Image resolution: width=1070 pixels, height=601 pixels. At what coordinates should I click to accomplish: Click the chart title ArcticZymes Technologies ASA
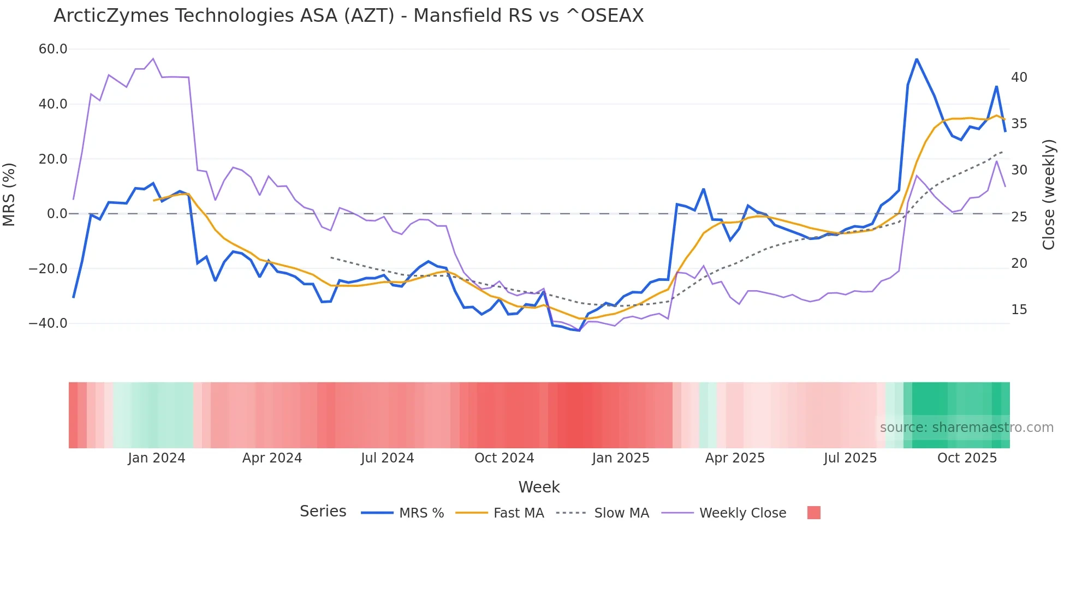(x=348, y=16)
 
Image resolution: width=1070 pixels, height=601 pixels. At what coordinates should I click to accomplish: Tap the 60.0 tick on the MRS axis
(x=53, y=49)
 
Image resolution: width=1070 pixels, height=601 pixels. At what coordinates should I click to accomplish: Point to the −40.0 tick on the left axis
(x=48, y=323)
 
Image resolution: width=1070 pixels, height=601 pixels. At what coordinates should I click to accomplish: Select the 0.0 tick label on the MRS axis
(x=57, y=214)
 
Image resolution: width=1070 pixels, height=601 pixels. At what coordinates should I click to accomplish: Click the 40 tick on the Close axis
(x=1019, y=77)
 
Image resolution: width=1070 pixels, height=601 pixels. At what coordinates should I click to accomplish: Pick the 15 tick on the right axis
(x=1019, y=310)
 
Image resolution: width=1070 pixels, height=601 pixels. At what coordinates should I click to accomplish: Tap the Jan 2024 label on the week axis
(x=157, y=458)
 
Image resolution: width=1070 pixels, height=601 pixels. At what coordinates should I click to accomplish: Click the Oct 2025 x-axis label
(x=967, y=458)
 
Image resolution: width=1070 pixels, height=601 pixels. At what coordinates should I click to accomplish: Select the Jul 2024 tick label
(x=387, y=458)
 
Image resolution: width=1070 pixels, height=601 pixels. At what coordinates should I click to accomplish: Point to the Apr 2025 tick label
(x=735, y=458)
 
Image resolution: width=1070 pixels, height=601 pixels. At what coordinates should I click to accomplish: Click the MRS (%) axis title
(x=9, y=194)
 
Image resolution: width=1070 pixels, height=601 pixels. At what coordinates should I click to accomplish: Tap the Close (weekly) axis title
(x=1049, y=195)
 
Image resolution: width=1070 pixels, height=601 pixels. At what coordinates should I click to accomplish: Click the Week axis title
(x=539, y=487)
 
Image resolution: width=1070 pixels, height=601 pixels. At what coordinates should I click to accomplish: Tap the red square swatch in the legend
(x=813, y=513)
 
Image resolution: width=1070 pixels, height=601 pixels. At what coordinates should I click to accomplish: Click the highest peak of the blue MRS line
(x=917, y=59)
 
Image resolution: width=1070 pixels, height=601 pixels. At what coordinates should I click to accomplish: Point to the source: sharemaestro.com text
(x=966, y=428)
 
